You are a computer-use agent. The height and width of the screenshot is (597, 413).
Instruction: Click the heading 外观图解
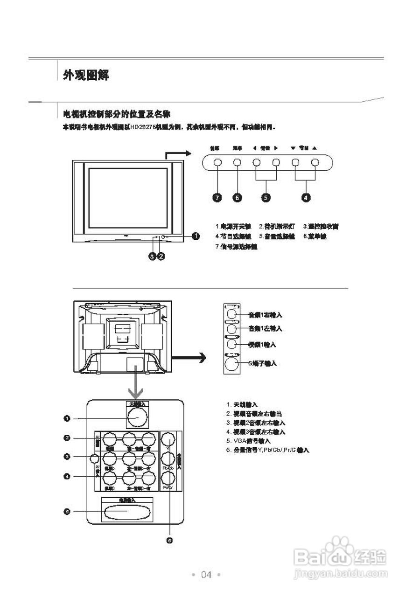click(x=86, y=75)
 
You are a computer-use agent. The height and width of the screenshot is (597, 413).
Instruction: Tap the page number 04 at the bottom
click(x=206, y=575)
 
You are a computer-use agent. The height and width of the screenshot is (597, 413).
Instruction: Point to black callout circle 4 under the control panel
click(x=306, y=198)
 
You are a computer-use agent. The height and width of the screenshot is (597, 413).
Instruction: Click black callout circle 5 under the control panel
click(x=266, y=198)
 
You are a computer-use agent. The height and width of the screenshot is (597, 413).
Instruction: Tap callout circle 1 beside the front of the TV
click(x=196, y=236)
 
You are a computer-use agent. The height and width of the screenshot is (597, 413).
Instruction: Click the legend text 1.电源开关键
click(x=233, y=226)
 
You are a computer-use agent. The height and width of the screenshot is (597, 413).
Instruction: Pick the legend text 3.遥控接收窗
click(x=321, y=226)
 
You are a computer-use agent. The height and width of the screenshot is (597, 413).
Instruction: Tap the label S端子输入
click(x=262, y=363)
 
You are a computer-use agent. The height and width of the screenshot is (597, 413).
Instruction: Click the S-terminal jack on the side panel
click(x=232, y=364)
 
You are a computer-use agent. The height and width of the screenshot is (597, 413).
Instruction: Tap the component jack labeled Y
click(x=168, y=439)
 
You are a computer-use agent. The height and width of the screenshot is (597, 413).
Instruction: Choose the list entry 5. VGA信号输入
click(x=248, y=441)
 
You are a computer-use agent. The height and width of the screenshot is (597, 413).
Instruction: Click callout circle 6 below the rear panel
click(x=169, y=540)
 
